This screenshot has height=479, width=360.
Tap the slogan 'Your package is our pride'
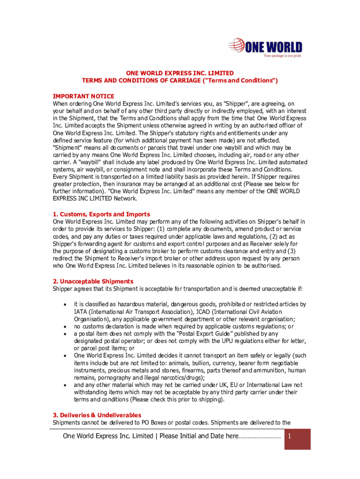click(282, 56)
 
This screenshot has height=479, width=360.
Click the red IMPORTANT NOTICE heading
click(83, 96)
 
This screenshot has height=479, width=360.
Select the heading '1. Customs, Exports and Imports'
click(101, 214)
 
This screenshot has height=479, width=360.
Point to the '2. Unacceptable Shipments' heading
click(93, 281)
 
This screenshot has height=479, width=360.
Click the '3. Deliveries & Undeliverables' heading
click(97, 415)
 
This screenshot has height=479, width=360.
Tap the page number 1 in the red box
click(290, 436)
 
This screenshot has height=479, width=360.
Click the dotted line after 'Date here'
click(259, 437)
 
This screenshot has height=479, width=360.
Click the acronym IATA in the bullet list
click(80, 312)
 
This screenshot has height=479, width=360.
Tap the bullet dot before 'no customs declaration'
click(65, 327)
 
